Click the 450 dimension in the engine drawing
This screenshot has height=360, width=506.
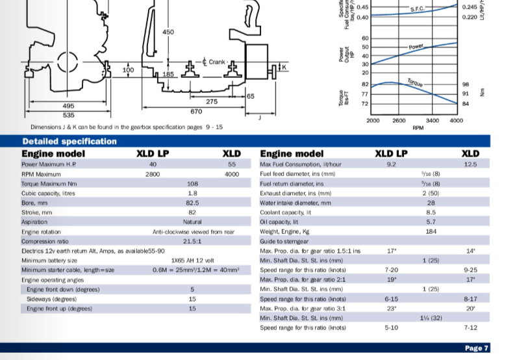click(x=168, y=32)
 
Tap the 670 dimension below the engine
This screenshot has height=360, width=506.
click(x=197, y=112)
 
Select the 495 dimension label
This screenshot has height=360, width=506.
click(x=68, y=105)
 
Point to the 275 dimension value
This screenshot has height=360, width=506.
click(x=212, y=102)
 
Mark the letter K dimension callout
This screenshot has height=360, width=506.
click(x=283, y=67)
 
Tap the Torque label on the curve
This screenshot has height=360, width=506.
click(x=415, y=83)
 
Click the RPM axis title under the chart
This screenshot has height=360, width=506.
click(x=418, y=129)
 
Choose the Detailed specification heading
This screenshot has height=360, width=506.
click(x=70, y=141)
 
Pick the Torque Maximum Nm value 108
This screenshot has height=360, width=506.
click(x=192, y=183)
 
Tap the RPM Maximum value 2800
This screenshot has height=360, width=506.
click(x=153, y=174)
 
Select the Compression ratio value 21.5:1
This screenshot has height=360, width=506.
click(x=192, y=240)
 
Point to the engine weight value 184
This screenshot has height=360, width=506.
click(x=431, y=231)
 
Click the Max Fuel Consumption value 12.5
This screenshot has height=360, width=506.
click(x=470, y=164)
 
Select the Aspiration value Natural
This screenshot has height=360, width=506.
click(x=192, y=222)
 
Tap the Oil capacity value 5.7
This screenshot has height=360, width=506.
click(x=431, y=222)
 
